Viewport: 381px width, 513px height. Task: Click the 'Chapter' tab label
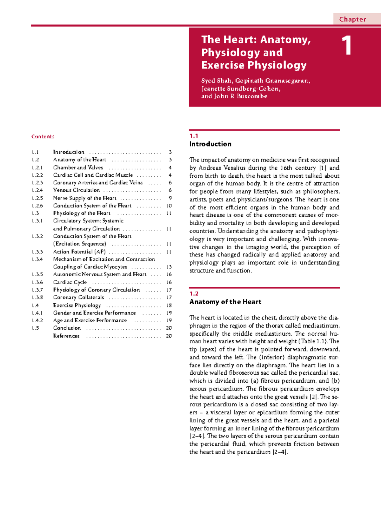(352, 19)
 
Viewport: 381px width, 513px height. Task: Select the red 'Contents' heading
(43, 137)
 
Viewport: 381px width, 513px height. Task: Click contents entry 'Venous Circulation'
(77, 190)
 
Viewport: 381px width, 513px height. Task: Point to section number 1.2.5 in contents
(37, 198)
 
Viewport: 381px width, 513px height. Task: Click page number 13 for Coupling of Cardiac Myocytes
(169, 267)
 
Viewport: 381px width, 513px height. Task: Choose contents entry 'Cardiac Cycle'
(70, 282)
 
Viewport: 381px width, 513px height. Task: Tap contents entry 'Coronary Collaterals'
(78, 298)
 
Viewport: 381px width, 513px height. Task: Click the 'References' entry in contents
(66, 336)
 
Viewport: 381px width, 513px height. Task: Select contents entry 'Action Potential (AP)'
(79, 252)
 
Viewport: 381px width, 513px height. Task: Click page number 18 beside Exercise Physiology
(169, 306)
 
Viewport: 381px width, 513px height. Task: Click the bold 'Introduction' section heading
(210, 144)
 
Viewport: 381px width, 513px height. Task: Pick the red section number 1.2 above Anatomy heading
(194, 294)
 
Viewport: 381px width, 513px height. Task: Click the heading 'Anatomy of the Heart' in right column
(225, 302)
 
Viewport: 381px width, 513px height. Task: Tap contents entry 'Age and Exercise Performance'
(90, 321)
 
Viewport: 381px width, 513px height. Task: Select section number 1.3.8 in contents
(37, 298)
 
